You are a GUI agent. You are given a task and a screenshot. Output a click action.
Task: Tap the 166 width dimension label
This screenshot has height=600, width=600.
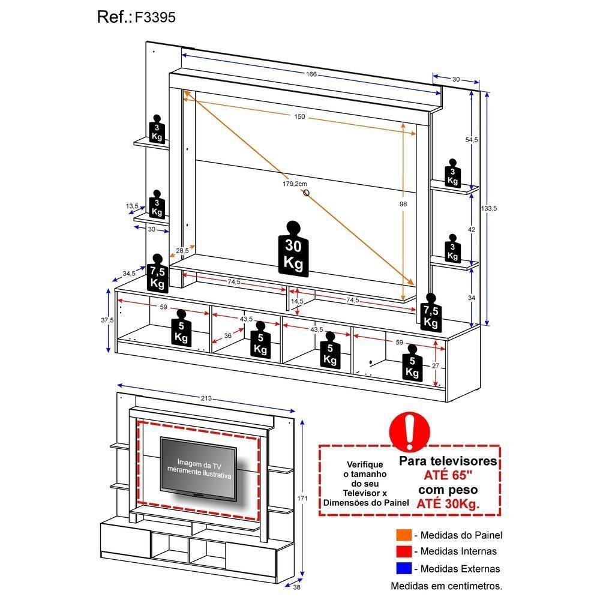pyautogui.click(x=311, y=74)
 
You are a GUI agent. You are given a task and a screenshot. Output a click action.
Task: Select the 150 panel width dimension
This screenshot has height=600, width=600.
pyautogui.click(x=299, y=116)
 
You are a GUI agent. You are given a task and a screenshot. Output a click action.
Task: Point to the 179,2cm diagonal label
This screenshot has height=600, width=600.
pyautogui.click(x=295, y=184)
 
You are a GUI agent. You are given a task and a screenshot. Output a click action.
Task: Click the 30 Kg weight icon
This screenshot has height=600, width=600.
pyautogui.click(x=293, y=250)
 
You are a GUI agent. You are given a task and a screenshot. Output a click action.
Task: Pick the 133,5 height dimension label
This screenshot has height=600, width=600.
pyautogui.click(x=490, y=208)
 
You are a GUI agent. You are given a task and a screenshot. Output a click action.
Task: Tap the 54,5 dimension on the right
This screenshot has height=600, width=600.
pyautogui.click(x=472, y=140)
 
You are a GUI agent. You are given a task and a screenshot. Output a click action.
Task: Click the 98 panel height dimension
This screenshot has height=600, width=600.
pyautogui.click(x=403, y=205)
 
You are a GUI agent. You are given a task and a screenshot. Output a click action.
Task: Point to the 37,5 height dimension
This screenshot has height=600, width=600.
pyautogui.click(x=107, y=320)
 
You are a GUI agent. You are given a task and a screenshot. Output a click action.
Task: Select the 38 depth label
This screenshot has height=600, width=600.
pyautogui.click(x=296, y=589)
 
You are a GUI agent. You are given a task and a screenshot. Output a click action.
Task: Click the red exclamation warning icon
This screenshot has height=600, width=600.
pyautogui.click(x=409, y=430)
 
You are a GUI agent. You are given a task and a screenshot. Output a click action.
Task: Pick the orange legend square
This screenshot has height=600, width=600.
pyautogui.click(x=403, y=535)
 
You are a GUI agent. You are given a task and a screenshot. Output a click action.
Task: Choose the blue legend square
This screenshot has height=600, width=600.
pyautogui.click(x=403, y=568)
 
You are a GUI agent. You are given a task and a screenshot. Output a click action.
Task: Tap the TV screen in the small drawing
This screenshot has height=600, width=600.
pyautogui.click(x=198, y=467)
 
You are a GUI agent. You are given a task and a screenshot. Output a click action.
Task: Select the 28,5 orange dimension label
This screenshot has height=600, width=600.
pyautogui.click(x=182, y=251)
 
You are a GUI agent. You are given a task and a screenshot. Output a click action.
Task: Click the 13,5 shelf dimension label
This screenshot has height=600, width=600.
pyautogui.click(x=132, y=206)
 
